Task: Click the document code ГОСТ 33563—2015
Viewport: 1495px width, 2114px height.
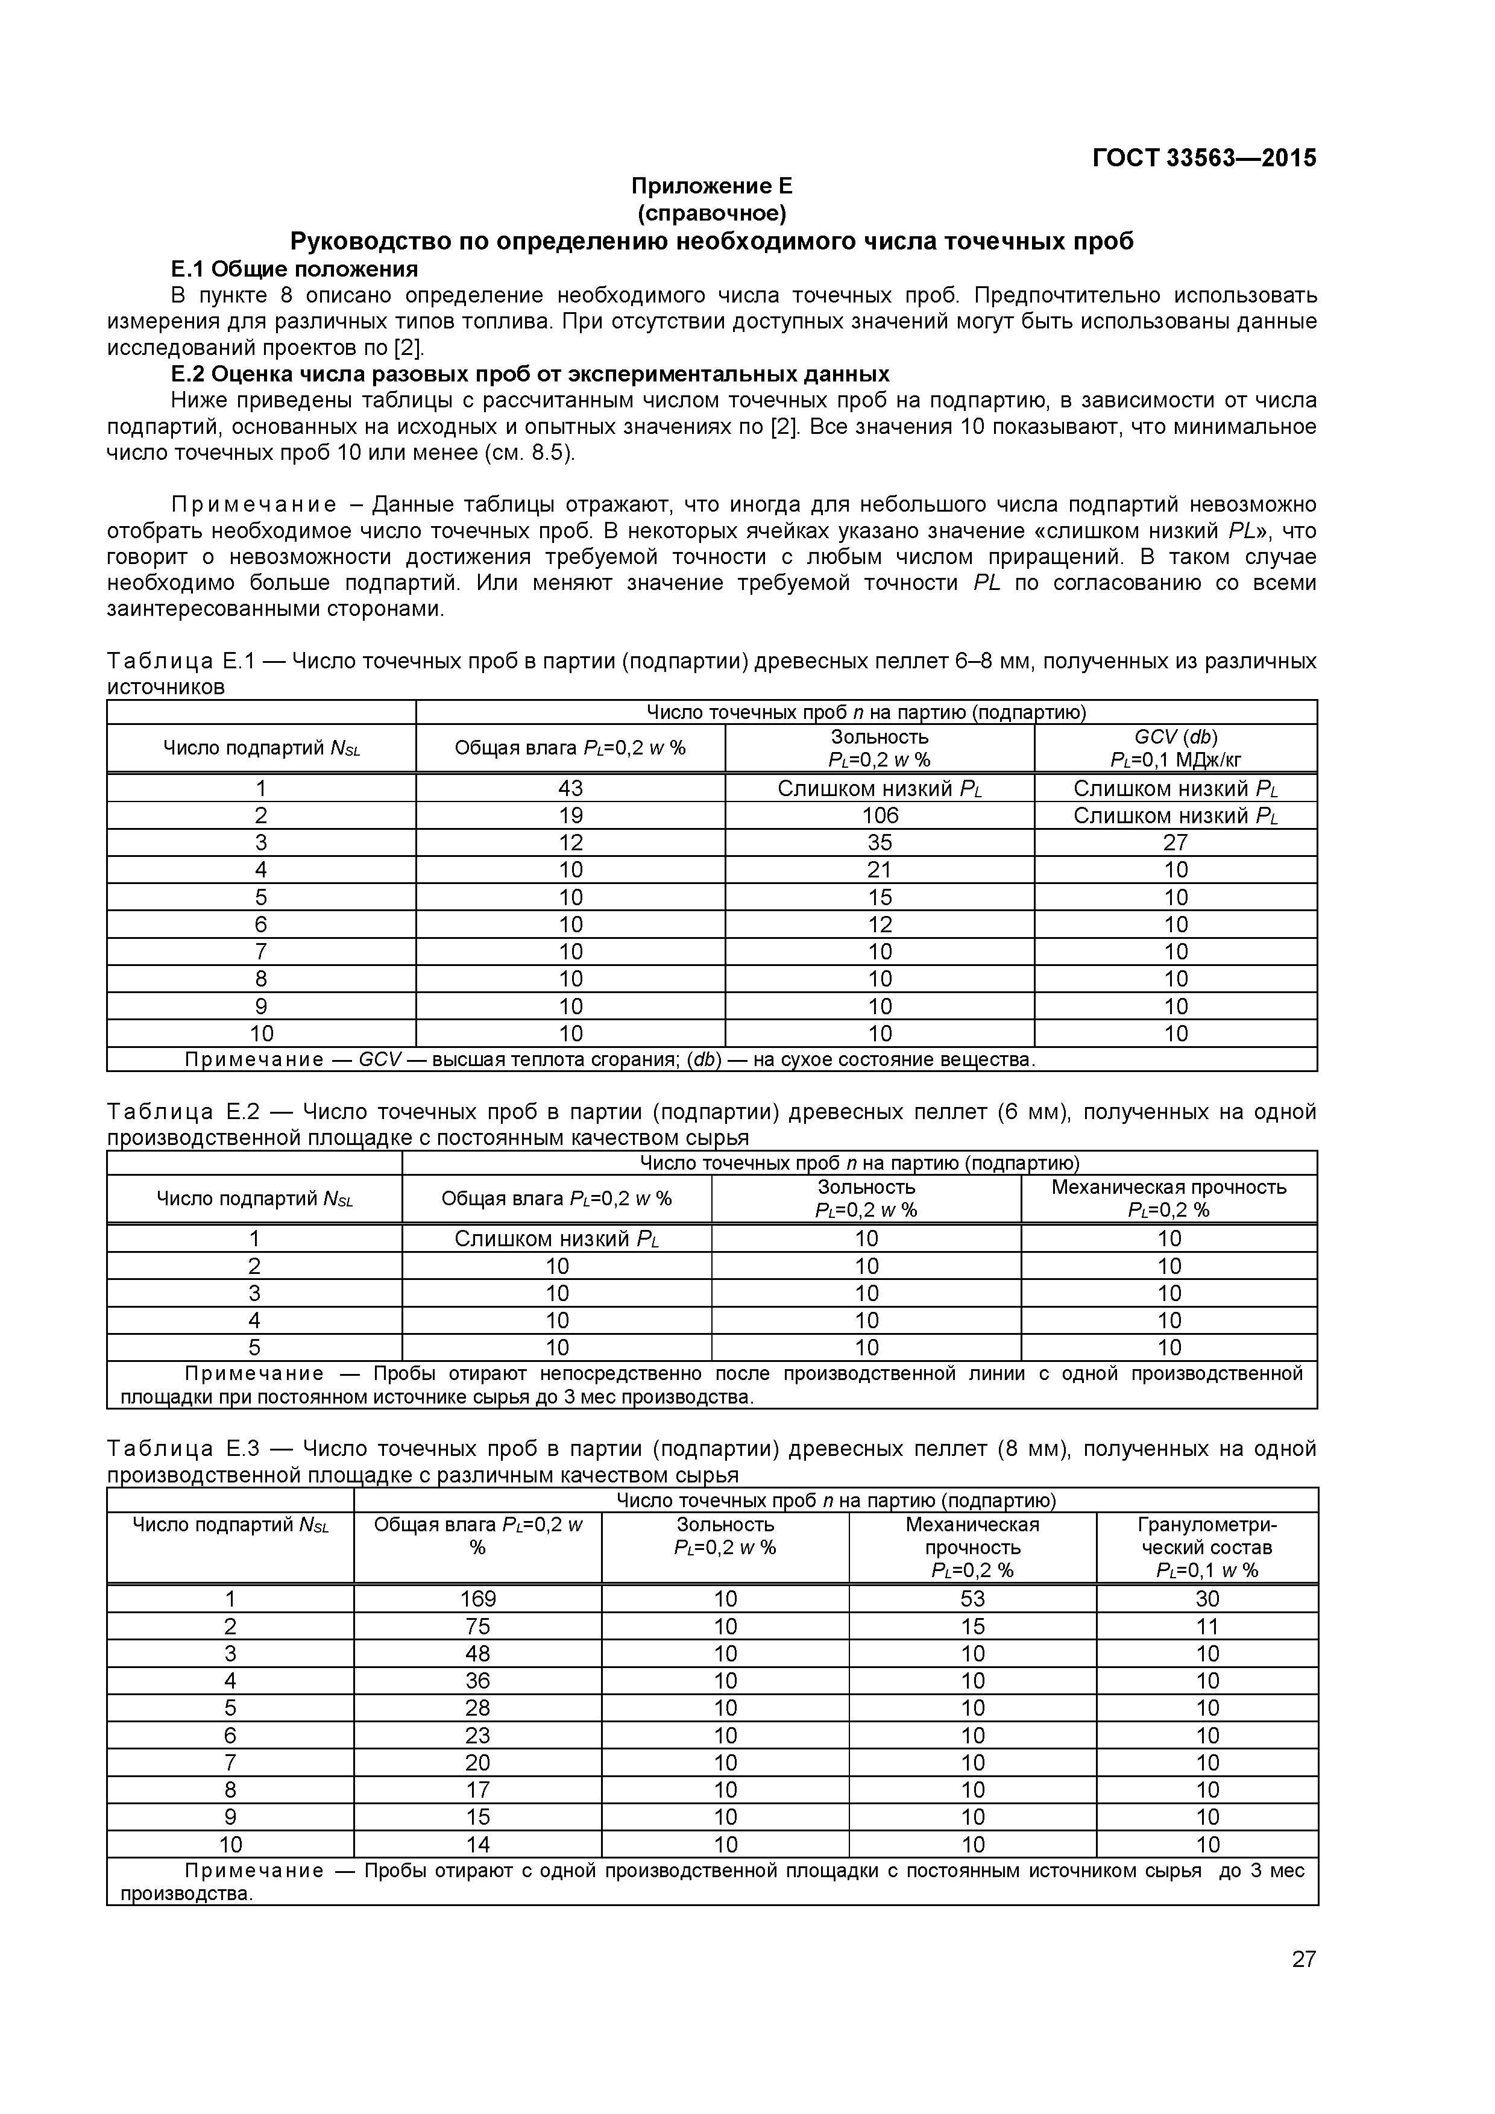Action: [1204, 158]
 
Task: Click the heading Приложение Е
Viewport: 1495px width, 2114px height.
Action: [711, 186]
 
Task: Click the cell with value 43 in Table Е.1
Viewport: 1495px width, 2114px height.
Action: [570, 788]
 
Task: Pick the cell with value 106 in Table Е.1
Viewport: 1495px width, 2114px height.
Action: [880, 816]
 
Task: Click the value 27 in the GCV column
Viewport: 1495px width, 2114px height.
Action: [1176, 842]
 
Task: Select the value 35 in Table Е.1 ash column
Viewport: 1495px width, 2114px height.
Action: [880, 842]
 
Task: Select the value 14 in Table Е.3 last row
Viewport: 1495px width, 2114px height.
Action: [477, 1844]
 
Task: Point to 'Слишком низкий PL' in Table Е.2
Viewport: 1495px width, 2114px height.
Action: [556, 1238]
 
